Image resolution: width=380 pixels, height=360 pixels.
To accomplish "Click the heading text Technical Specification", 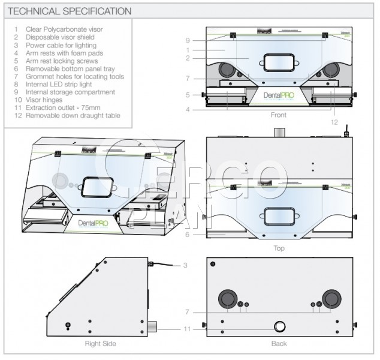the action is [x=70, y=11].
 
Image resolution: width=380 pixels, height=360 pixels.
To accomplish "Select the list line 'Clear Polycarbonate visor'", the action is [x=64, y=29].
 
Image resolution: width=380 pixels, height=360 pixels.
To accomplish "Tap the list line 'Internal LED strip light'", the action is [x=59, y=84].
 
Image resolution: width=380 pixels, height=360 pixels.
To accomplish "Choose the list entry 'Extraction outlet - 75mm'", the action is [x=63, y=107].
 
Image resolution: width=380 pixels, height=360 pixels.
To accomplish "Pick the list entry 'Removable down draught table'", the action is [x=73, y=115].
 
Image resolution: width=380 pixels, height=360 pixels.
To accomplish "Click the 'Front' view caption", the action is [x=279, y=115].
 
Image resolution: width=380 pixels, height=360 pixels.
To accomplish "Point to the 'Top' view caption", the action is [x=279, y=248].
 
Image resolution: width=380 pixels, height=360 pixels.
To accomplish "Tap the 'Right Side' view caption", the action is [x=100, y=344].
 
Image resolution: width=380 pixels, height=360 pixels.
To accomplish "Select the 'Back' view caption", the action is [x=279, y=344].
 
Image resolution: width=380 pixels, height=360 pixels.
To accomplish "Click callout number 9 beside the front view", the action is [x=188, y=41].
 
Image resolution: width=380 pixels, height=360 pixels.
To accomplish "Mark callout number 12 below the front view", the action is [x=334, y=122].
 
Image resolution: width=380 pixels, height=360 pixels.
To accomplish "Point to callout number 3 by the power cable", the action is [x=185, y=265].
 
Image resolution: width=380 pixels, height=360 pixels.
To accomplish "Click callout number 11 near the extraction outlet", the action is [x=187, y=329].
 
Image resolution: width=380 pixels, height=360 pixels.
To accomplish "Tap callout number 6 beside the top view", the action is [x=187, y=235].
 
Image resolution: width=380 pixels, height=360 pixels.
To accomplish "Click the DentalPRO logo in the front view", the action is [x=279, y=95].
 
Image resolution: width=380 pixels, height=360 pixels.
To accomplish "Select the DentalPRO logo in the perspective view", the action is [x=93, y=223].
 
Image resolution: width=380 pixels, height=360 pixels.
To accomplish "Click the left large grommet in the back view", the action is [x=228, y=299].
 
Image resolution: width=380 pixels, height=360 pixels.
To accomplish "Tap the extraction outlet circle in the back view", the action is [x=280, y=326].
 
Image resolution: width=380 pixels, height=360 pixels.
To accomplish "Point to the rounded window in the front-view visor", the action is [x=279, y=63].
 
